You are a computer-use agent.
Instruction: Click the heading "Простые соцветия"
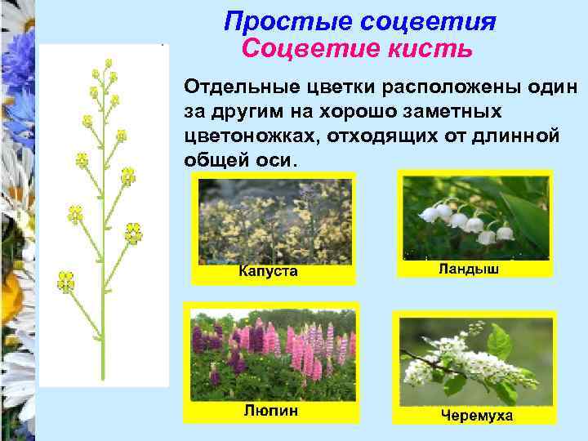[x=360, y=21]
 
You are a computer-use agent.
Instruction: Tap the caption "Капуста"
[x=268, y=271]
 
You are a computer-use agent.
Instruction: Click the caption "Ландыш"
[x=469, y=268]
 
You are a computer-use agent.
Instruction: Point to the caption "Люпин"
[x=270, y=410]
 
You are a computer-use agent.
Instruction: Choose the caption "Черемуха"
[x=477, y=416]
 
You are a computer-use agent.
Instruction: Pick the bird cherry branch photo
[x=474, y=359]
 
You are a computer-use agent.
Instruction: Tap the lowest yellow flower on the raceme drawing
[x=65, y=282]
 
